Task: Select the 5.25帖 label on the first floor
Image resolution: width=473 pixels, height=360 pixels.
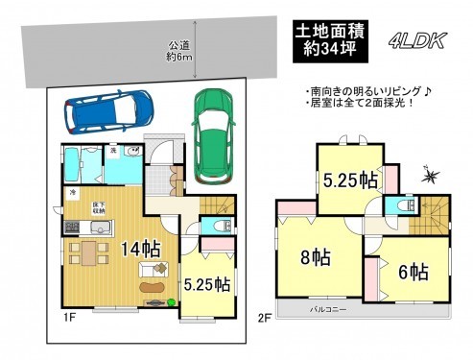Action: coord(207,284)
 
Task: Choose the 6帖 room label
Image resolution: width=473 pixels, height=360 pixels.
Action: coord(413,271)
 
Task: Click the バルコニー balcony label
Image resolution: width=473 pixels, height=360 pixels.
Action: coord(328,310)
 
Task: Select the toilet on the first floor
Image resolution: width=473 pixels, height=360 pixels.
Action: coord(216,228)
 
